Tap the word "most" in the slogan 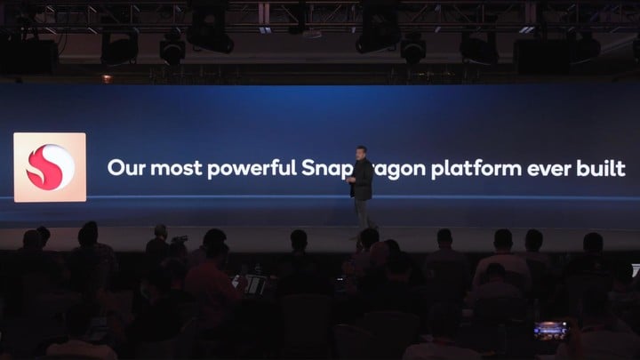coord(176,168)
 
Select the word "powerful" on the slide coord(252,168)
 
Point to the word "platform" coord(476,169)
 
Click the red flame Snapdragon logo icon coord(50,167)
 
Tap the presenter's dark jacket coord(362,180)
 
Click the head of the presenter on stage coord(361,152)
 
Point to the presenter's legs coord(364,214)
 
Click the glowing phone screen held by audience coord(550,330)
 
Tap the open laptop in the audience coord(252,284)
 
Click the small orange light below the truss coord(107,79)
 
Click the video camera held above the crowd coord(180,239)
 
